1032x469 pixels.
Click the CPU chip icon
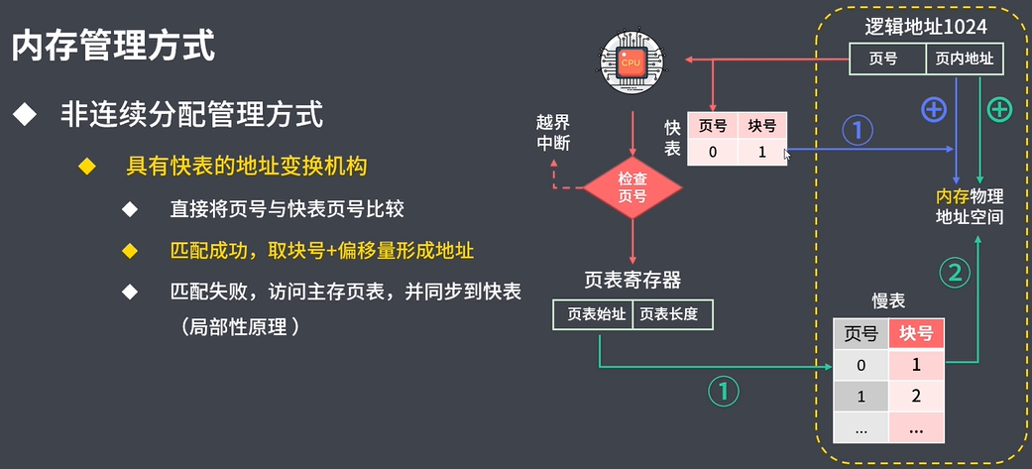(631, 62)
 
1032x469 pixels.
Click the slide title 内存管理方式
(114, 46)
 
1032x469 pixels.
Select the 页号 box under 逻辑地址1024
(887, 59)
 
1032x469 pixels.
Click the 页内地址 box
(966, 59)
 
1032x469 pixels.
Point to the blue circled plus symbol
(934, 110)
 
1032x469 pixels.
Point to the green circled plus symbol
(999, 110)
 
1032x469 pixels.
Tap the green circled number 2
(955, 273)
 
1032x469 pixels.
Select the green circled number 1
(724, 392)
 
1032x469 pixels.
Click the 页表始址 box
(593, 314)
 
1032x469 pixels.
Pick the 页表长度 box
(670, 314)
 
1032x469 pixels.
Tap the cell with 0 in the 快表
(713, 153)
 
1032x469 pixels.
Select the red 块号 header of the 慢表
(916, 333)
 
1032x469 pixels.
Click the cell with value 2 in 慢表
(916, 397)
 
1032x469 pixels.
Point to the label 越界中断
(553, 132)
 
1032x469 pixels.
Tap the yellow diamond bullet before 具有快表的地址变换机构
(87, 165)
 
